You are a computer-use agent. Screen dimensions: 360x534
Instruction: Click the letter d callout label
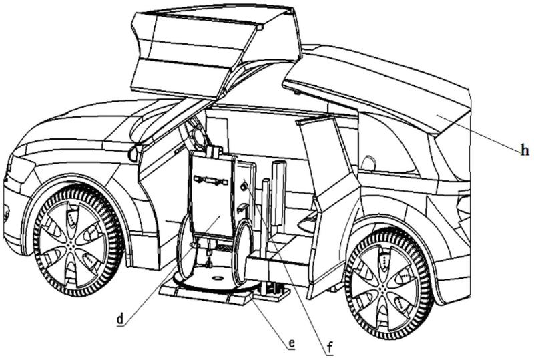coord(120,319)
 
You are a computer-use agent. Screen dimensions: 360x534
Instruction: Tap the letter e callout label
coord(291,344)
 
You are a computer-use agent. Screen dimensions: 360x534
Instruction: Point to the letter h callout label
coord(525,152)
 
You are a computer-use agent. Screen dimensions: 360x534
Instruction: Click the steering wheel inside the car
coord(198,136)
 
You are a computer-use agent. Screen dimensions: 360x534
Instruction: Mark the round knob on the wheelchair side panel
coord(244,188)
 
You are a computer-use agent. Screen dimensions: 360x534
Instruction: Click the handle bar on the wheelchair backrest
coord(211,179)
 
